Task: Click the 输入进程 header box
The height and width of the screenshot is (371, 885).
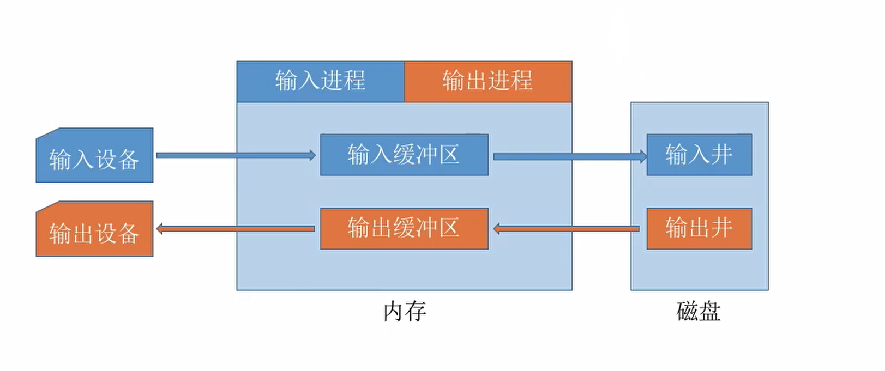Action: point(320,81)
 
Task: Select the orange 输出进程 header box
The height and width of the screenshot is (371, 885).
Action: point(487,81)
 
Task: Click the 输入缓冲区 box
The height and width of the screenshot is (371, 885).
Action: point(404,155)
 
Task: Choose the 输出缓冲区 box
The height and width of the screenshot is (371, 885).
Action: point(404,229)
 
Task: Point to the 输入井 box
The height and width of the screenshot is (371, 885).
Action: point(699,155)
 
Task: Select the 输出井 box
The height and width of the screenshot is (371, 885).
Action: point(699,229)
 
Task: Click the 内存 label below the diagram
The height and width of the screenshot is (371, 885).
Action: point(404,312)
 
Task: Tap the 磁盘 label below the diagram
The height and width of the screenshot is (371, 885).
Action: point(699,312)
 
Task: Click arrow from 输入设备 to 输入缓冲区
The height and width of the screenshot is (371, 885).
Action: point(234,155)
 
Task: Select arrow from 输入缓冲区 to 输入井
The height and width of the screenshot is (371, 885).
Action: point(567,156)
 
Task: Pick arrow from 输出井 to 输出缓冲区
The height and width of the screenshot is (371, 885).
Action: point(567,229)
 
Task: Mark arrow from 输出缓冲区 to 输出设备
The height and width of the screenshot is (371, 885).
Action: point(234,229)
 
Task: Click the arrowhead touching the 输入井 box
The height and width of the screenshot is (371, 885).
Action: point(643,156)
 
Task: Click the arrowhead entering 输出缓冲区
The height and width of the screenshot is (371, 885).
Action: point(497,229)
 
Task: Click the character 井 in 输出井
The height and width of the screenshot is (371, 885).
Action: point(721,228)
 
